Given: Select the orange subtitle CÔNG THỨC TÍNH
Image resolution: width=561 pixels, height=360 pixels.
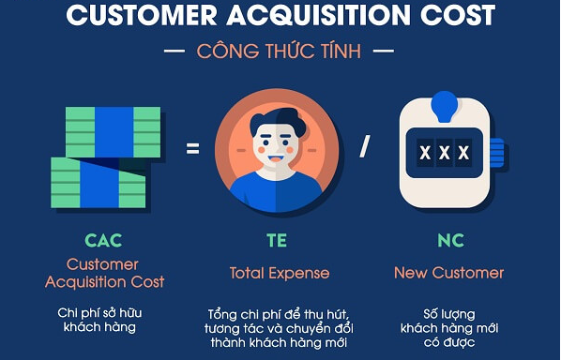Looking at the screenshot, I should click(279, 51).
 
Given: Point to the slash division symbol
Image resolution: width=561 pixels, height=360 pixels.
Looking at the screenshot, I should click(365, 146).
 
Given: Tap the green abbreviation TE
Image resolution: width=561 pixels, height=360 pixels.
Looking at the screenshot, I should click(279, 240).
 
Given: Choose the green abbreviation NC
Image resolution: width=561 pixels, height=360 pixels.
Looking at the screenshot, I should click(450, 240).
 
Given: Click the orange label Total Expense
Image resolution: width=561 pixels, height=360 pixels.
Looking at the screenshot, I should click(280, 273).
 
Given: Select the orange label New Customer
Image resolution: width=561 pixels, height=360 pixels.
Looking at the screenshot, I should click(450, 273).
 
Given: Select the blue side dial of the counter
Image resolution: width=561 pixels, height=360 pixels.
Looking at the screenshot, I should click(496, 152).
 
